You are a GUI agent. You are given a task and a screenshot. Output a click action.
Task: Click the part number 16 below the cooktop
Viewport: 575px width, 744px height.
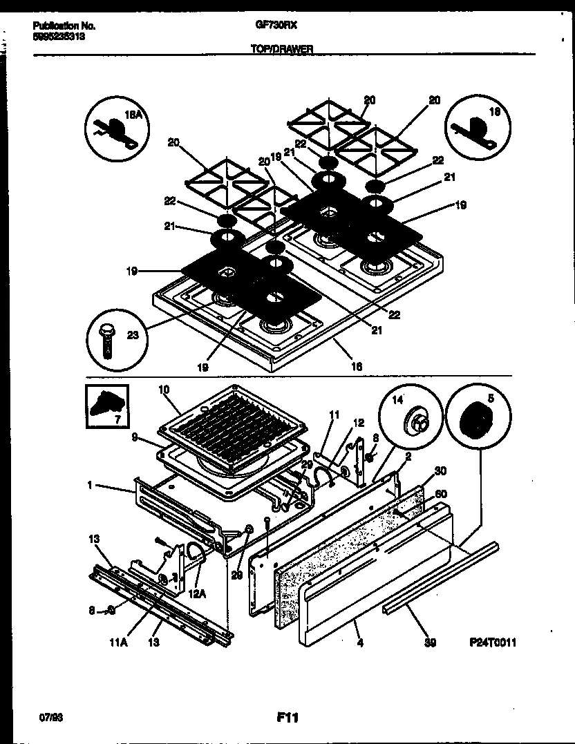point(356,367)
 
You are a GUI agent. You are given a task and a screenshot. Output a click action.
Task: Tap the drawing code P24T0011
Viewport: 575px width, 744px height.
point(492,642)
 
